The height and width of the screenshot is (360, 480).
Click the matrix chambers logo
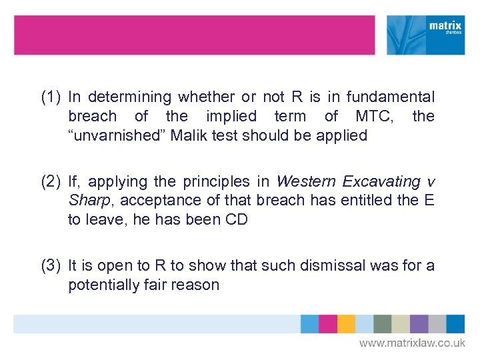[426, 35]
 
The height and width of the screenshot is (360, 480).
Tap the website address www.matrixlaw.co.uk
[412, 343]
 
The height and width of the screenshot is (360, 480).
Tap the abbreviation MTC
[373, 117]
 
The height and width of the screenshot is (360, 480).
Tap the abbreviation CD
[236, 220]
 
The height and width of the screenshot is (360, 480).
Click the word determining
[127, 97]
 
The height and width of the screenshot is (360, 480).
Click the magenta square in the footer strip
[327, 324]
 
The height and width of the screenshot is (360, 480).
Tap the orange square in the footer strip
[346, 324]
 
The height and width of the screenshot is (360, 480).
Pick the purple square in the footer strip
[419, 324]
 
